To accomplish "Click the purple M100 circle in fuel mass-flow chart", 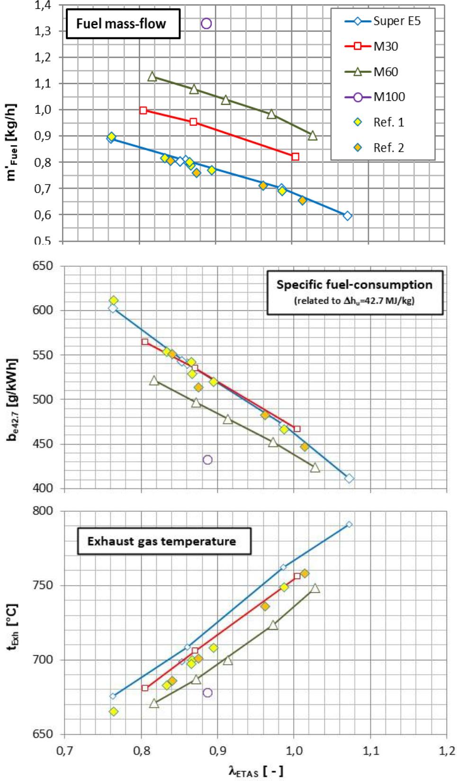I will (206, 23).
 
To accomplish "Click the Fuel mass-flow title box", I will (121, 24).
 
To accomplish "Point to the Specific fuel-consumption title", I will (354, 284).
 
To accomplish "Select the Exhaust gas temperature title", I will (161, 541).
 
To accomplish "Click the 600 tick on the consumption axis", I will (43, 310).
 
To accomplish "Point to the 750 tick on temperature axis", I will (43, 586).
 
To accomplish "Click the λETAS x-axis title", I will (256, 771).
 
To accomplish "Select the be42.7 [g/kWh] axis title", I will (13, 400).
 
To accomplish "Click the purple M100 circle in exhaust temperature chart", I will (207, 693).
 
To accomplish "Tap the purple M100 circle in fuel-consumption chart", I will (207, 460).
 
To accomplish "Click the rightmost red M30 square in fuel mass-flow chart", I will (296, 157).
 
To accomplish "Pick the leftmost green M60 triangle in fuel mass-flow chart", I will (152, 77).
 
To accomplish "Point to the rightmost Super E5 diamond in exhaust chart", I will (349, 525).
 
